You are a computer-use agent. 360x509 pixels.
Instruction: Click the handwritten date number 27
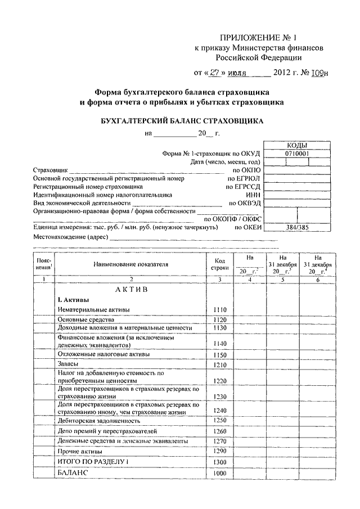[209, 73]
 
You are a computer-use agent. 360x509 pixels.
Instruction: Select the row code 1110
[219, 310]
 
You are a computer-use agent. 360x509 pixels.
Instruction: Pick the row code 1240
[219, 411]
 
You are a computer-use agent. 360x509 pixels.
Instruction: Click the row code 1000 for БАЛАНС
[219, 474]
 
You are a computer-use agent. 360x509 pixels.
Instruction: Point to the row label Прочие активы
[79, 452]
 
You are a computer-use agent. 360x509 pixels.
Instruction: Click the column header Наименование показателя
[131, 263]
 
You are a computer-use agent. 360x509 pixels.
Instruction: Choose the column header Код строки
[219, 263]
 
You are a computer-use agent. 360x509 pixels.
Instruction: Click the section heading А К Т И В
[130, 289]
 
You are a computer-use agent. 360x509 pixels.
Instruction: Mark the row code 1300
[219, 462]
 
